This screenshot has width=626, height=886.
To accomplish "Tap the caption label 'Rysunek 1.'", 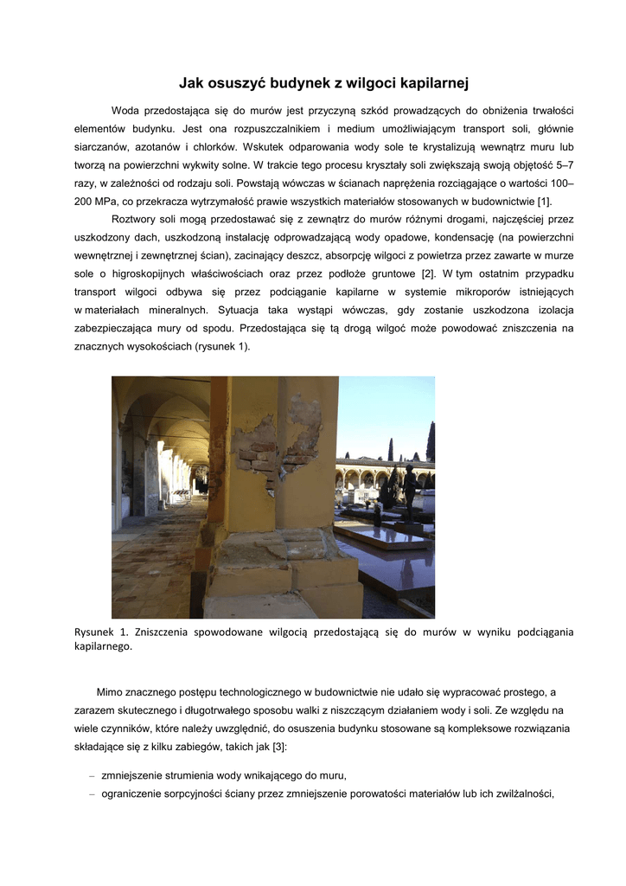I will [x=103, y=632].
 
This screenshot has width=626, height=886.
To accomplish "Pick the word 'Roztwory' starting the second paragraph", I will [x=134, y=219].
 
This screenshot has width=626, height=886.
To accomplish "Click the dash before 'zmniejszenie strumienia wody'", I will [x=91, y=776].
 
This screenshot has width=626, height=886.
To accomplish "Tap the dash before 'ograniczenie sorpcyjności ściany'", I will [x=91, y=794].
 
